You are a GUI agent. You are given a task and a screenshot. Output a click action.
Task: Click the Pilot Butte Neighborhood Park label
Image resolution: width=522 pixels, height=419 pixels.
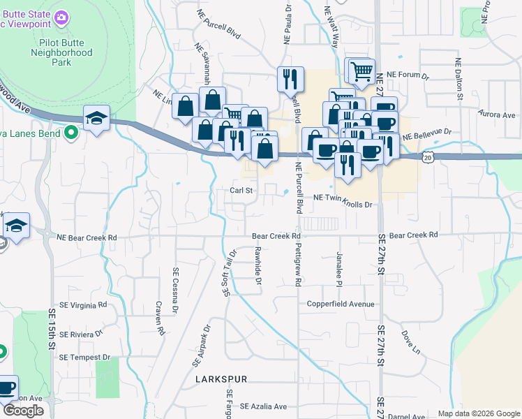pos(61,52)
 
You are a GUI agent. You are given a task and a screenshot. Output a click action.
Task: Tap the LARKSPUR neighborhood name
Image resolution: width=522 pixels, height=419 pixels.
pos(222,379)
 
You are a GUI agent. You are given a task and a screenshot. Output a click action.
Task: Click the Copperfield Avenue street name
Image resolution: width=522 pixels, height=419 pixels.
pos(341,304)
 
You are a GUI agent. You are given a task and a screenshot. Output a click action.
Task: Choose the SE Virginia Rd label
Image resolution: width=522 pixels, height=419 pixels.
pos(83,304)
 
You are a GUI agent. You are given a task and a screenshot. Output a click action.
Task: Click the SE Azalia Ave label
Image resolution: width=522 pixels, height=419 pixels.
pos(264,406)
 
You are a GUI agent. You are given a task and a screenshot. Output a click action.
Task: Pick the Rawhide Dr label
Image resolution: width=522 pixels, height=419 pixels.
pos(258,266)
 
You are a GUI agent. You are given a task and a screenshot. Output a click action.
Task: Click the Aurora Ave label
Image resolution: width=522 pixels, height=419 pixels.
pos(497,114)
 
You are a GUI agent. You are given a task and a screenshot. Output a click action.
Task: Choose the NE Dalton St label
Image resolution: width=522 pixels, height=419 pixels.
pos(459,79)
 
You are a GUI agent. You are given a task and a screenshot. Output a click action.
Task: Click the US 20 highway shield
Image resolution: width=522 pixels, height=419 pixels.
pos(428,159)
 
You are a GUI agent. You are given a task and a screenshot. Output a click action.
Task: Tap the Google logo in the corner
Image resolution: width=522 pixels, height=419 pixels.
pos(23,411)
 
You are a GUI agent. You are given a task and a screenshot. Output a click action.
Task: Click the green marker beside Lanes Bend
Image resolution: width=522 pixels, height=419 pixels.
pos(70,131)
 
